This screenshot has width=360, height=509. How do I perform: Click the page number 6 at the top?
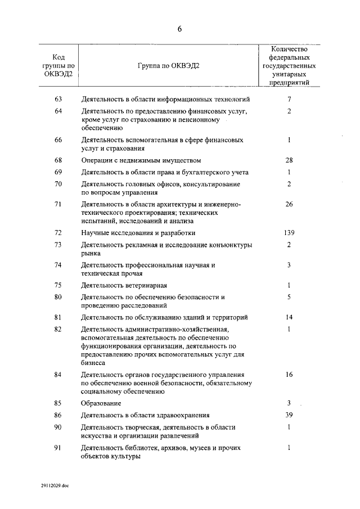point(180,29)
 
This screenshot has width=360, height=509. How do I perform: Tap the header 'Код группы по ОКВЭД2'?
point(58,65)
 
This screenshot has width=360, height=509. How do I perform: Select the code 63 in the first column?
point(58,100)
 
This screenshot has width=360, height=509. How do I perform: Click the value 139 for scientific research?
point(289,232)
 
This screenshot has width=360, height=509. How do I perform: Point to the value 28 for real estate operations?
point(289,160)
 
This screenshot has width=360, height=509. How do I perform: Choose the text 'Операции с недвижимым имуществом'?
point(141,160)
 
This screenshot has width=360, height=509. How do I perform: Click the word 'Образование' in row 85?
point(101,403)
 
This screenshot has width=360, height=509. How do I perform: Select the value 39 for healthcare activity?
point(289,415)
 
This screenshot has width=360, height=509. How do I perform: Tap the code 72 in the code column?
point(58,232)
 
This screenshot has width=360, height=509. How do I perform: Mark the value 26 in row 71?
point(289,204)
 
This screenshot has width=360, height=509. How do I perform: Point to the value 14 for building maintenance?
point(289,317)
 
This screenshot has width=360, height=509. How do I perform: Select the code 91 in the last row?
point(58,448)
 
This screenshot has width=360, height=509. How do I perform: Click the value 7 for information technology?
point(289,100)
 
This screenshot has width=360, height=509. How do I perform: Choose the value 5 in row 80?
point(289,297)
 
